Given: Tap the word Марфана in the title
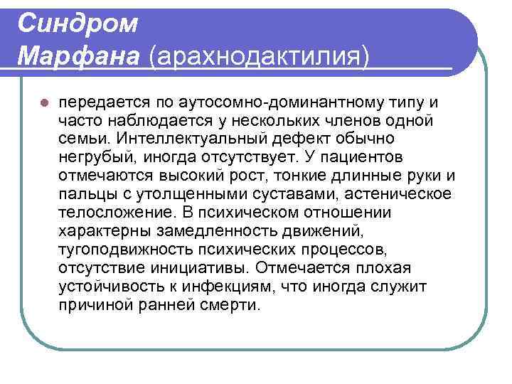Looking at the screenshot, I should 79,54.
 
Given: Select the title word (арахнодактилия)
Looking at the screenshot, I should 258,55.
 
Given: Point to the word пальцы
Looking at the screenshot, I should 84,194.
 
